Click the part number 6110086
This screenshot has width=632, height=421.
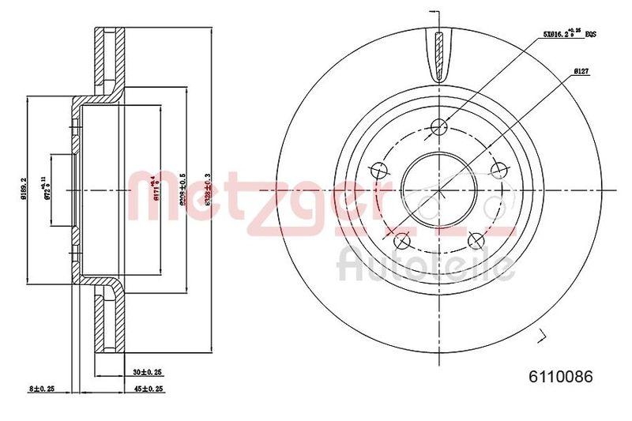click(x=554, y=376)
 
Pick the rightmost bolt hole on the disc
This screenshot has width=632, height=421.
click(x=498, y=169)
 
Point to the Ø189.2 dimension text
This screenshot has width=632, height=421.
click(x=25, y=190)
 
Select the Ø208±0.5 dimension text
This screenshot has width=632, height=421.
click(x=182, y=190)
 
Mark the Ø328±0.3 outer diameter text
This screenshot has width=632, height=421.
click(x=207, y=190)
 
